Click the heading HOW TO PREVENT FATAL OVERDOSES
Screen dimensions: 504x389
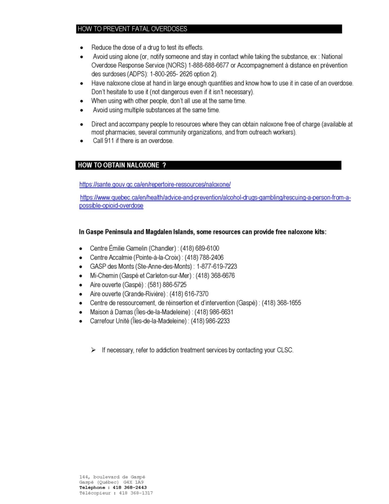[132, 29]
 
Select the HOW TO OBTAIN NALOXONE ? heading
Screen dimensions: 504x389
[122, 165]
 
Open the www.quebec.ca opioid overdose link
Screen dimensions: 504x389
[215, 198]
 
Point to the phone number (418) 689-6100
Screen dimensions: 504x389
[195, 248]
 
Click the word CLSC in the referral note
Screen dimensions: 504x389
[284, 351]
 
